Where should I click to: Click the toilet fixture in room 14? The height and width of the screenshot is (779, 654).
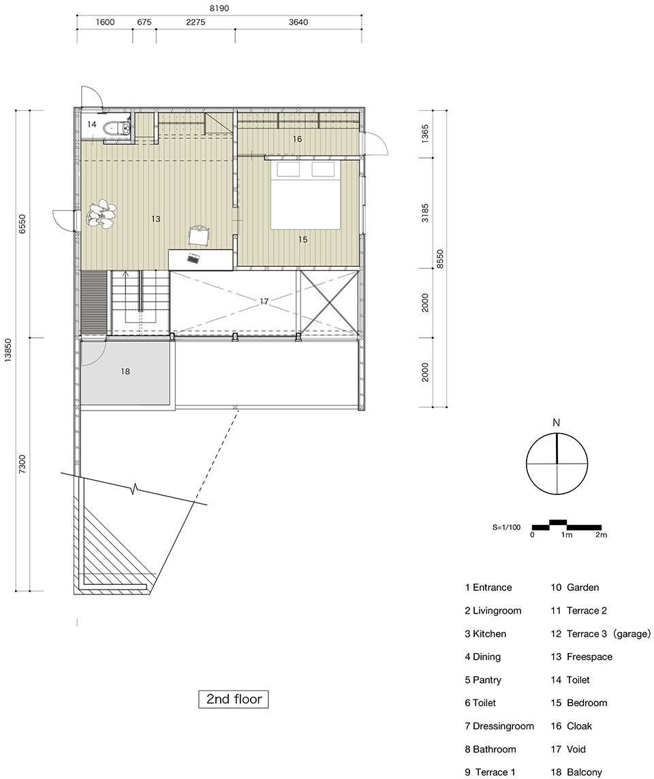click(x=118, y=128)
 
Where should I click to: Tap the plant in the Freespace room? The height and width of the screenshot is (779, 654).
click(x=102, y=214)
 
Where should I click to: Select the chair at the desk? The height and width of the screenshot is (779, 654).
click(x=200, y=235)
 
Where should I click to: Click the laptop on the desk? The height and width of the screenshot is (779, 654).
click(x=193, y=258)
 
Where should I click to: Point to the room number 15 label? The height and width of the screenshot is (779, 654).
click(x=302, y=240)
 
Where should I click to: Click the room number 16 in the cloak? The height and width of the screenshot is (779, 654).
click(x=297, y=139)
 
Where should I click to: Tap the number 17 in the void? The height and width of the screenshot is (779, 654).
click(x=264, y=301)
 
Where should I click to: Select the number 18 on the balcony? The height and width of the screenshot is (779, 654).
click(x=125, y=371)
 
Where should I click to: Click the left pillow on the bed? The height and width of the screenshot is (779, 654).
click(x=289, y=169)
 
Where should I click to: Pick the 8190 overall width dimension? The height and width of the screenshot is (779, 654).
click(x=219, y=8)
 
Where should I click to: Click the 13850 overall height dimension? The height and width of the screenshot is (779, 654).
click(x=8, y=351)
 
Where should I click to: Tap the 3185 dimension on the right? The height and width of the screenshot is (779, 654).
click(x=425, y=212)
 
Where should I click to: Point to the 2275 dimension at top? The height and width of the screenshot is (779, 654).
click(x=195, y=22)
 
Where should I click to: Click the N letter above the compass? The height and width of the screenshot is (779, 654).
click(x=557, y=423)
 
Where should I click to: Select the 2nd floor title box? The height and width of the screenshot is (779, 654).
click(x=234, y=699)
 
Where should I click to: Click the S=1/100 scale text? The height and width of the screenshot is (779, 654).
click(x=506, y=527)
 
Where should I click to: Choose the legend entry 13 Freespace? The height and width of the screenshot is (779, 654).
click(x=581, y=657)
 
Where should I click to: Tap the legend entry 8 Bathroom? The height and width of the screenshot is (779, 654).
click(x=490, y=749)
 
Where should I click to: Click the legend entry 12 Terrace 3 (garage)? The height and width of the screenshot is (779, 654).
click(x=600, y=634)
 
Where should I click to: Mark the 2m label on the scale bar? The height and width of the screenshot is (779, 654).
click(x=602, y=535)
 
